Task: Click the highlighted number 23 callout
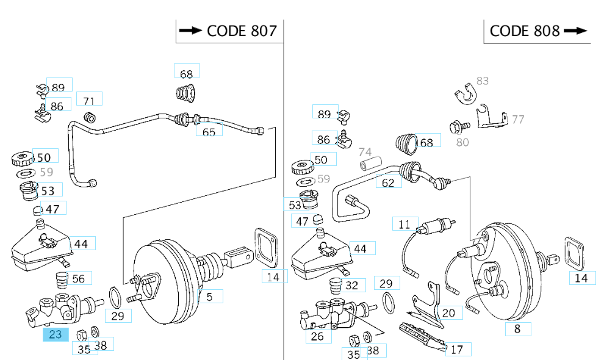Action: pyautogui.click(x=56, y=334)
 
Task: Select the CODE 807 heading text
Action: pyautogui.click(x=242, y=31)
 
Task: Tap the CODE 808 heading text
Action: pyautogui.click(x=525, y=31)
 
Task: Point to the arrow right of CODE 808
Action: pyautogui.click(x=576, y=31)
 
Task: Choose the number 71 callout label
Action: pyautogui.click(x=89, y=101)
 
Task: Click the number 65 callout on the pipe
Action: pyautogui.click(x=209, y=131)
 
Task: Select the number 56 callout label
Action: pyautogui.click(x=79, y=279)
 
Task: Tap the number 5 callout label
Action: pyautogui.click(x=209, y=297)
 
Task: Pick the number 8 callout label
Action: pyautogui.click(x=517, y=329)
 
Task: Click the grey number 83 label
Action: pyautogui.click(x=482, y=81)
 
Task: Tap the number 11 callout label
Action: pyautogui.click(x=404, y=224)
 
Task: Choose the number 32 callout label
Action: pyautogui.click(x=351, y=285)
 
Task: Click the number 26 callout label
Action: pyautogui.click(x=317, y=336)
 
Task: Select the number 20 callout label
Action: pyautogui.click(x=448, y=313)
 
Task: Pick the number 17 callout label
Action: pyautogui.click(x=457, y=349)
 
